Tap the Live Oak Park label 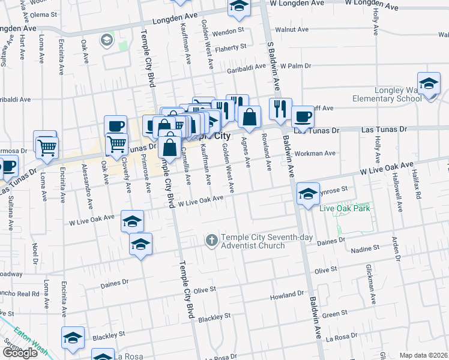pyautogui.click(x=345, y=209)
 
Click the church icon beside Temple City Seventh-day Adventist pyautogui.click(x=211, y=241)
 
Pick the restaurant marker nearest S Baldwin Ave pyautogui.click(x=280, y=109)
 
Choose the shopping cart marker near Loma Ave pyautogui.click(x=47, y=146)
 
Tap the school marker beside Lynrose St pyautogui.click(x=308, y=194)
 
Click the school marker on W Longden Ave pyautogui.click(x=239, y=6)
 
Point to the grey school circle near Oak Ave pyautogui.click(x=107, y=40)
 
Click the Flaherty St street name pyautogui.click(x=231, y=47)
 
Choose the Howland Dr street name pyautogui.click(x=287, y=295)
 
